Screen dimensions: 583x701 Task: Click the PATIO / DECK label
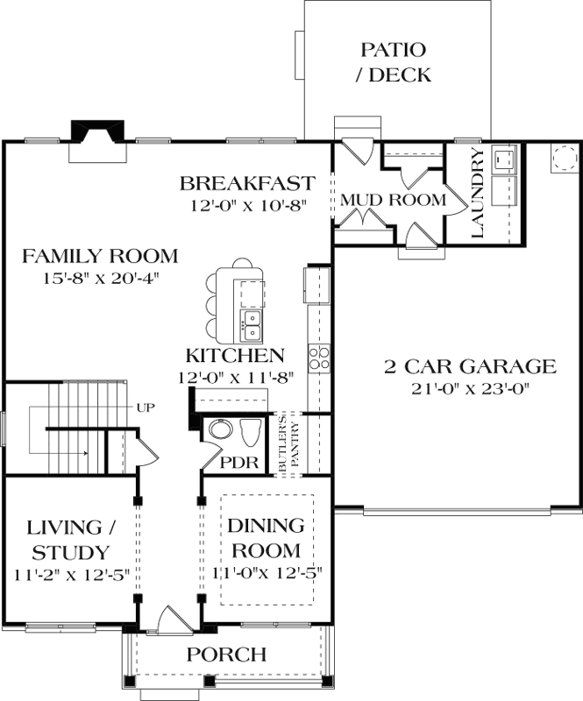coord(394,62)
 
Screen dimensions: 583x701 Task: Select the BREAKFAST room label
coord(247,183)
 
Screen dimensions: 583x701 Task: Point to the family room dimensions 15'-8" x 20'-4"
coord(101,279)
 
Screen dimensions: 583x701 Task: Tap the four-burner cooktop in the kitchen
coord(318,358)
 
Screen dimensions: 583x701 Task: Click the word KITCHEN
coord(235,356)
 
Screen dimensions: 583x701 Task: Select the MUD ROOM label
coord(394,200)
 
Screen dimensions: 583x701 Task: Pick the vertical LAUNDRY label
coord(478,193)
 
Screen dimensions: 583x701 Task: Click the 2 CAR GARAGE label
coord(470,366)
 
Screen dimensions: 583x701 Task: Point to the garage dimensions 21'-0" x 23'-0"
coord(470,389)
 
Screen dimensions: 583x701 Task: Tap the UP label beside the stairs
coord(146,407)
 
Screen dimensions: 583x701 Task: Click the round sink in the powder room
coord(221,430)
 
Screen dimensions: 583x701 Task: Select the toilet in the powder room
coord(251,432)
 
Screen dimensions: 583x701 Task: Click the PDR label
coord(239,463)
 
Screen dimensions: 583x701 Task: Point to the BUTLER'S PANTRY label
coord(288,445)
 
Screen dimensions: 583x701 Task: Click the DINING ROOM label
coord(266,538)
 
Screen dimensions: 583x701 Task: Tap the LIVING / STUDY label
coord(71,540)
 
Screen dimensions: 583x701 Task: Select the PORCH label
coord(226,655)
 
